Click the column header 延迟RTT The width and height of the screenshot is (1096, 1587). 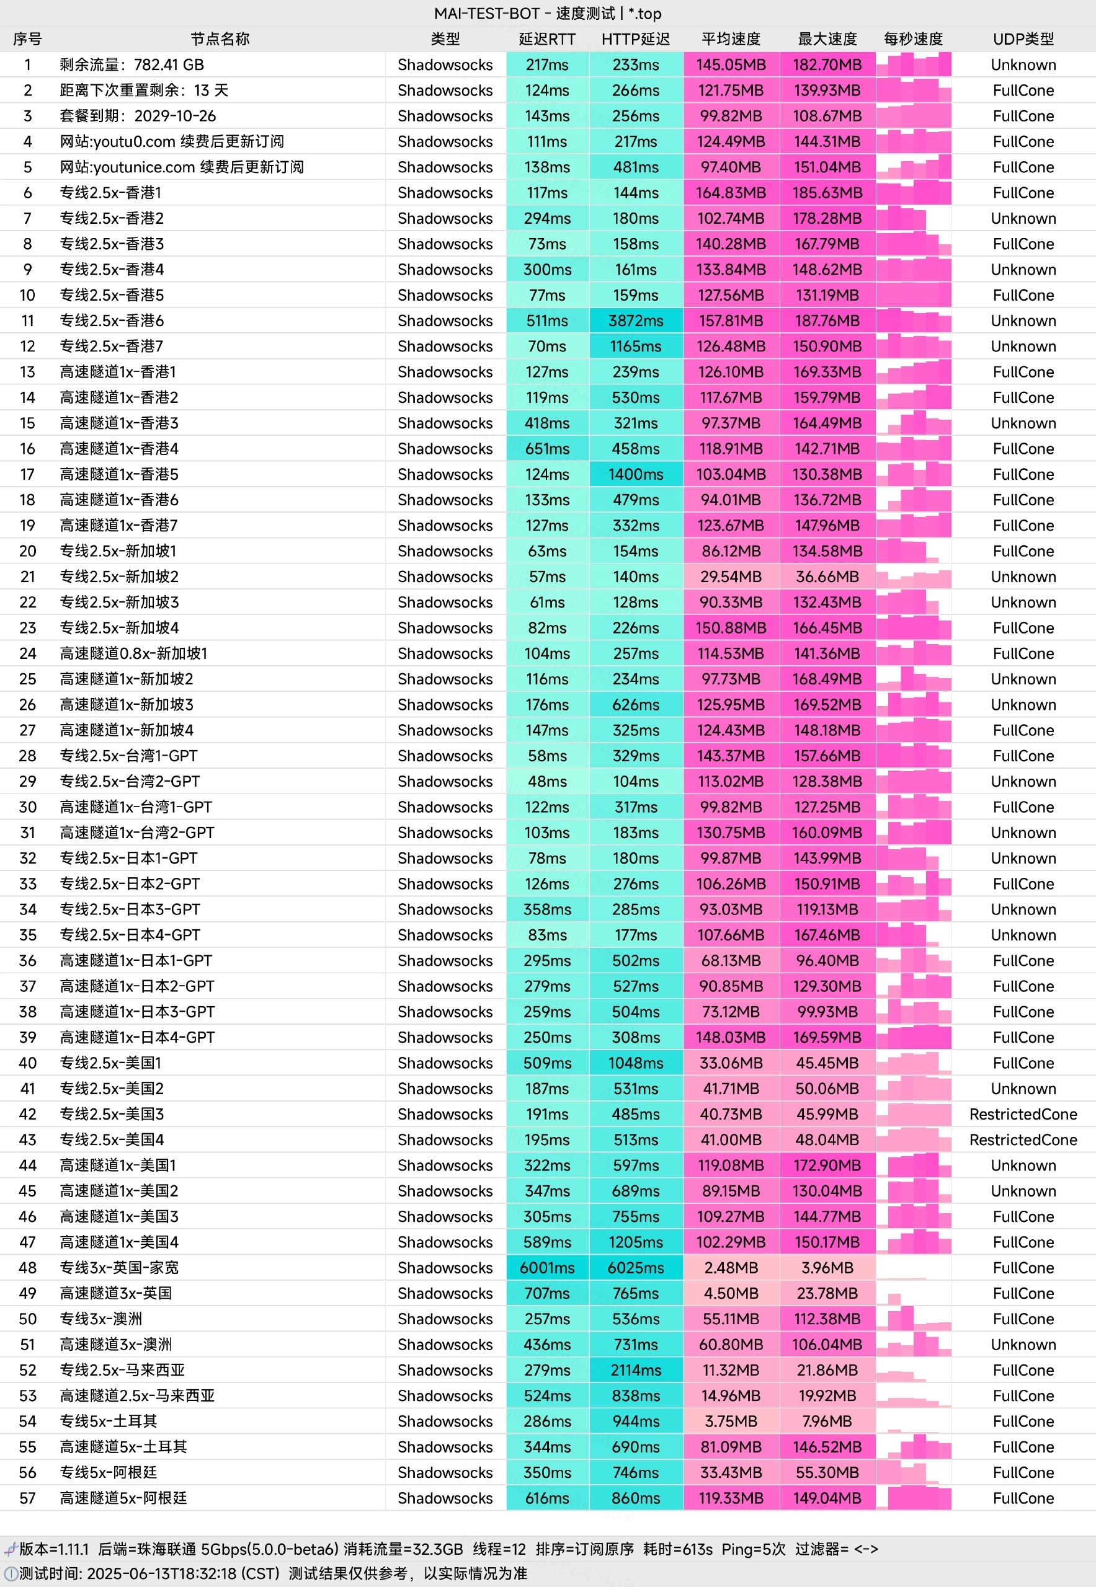pyautogui.click(x=546, y=39)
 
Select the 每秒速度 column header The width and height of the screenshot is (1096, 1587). pyautogui.click(x=912, y=39)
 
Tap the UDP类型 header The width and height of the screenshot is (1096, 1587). pyautogui.click(x=1023, y=39)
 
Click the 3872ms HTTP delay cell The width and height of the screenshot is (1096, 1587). pyautogui.click(x=636, y=320)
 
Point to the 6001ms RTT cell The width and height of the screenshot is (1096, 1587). pyautogui.click(x=547, y=1267)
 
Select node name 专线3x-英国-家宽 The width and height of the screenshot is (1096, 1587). pyautogui.click(x=120, y=1267)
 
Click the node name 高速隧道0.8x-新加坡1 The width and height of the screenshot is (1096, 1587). pyautogui.click(x=133, y=653)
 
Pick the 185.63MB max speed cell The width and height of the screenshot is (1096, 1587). pyautogui.click(x=827, y=193)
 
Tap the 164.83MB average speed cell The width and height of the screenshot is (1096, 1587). pyautogui.click(x=731, y=193)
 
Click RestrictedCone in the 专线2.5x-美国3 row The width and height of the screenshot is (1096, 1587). pyautogui.click(x=1023, y=1114)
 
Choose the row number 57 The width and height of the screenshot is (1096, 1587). pyautogui.click(x=27, y=1498)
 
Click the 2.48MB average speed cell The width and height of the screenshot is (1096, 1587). pyautogui.click(x=731, y=1267)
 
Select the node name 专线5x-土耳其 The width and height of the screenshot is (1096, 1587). pyautogui.click(x=109, y=1421)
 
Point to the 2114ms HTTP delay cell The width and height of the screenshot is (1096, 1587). pyautogui.click(x=636, y=1369)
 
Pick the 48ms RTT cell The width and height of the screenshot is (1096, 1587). pyautogui.click(x=547, y=781)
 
